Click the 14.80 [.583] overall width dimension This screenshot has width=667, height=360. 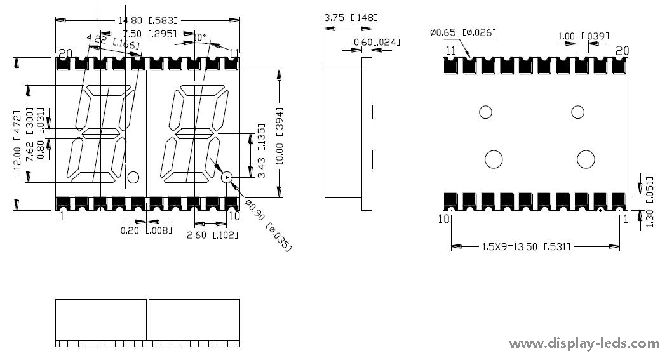(148, 20)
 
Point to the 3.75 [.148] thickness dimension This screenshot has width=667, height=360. (351, 18)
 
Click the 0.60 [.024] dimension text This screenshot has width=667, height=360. (378, 43)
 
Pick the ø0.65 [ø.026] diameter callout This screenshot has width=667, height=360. (463, 32)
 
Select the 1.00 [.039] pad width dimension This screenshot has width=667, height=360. (583, 36)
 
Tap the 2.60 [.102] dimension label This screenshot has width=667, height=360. (212, 235)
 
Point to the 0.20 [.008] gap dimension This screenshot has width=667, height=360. (146, 230)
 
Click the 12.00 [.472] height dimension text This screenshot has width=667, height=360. (18, 135)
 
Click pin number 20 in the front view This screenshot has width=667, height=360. (65, 52)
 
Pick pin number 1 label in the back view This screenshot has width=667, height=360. (626, 218)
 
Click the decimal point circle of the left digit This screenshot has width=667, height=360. (133, 177)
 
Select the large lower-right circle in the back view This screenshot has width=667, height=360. (586, 159)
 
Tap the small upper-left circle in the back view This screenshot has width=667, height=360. (485, 112)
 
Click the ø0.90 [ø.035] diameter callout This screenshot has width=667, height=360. (267, 225)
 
